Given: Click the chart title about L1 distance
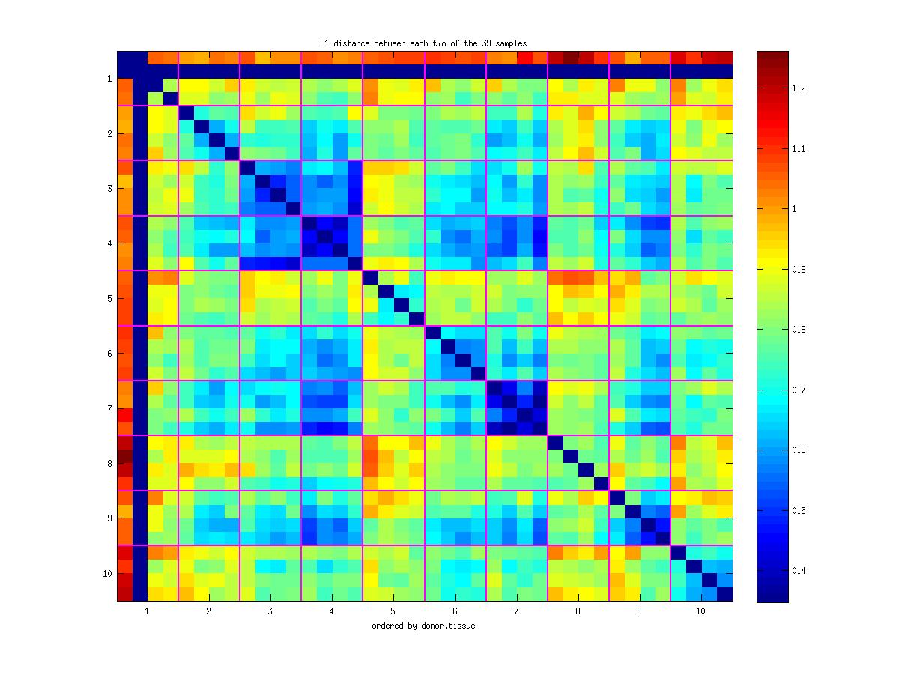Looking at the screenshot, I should [423, 43].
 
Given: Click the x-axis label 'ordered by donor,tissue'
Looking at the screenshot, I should [423, 626].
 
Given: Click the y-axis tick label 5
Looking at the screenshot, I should [109, 298].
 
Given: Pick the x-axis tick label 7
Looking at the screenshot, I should [517, 611].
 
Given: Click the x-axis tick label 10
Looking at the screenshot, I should [700, 611].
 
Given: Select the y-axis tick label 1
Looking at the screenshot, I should [109, 79].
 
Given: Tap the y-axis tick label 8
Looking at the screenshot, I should [109, 464].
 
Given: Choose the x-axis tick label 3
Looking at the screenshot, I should [270, 611].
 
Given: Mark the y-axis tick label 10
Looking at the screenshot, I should [107, 574].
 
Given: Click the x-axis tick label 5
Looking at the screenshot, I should [393, 611].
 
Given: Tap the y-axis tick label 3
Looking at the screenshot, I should [109, 188].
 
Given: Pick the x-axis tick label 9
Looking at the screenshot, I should [640, 611].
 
